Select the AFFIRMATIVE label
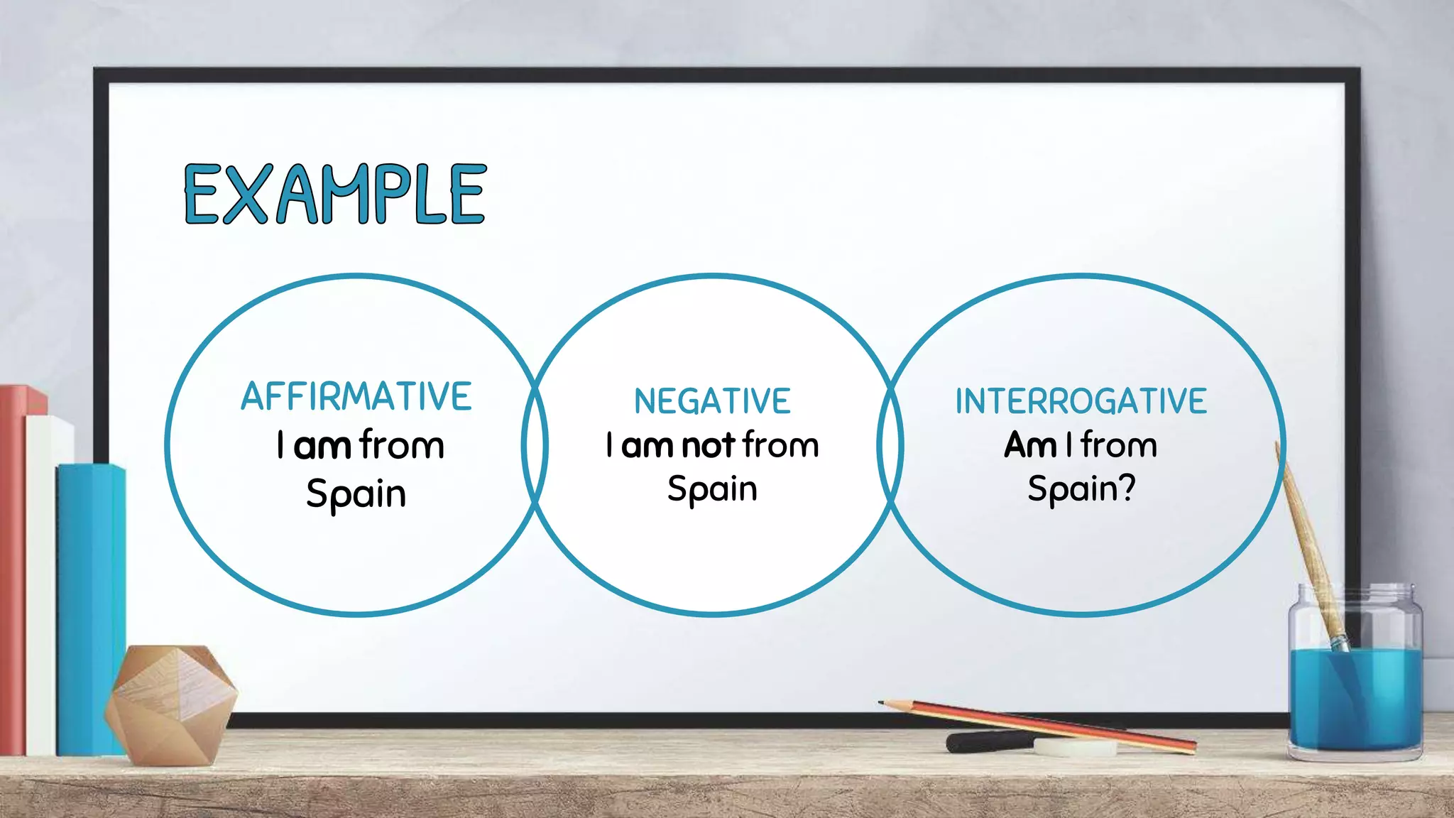point(356,396)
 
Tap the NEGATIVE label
point(712,401)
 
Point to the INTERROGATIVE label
point(1081,401)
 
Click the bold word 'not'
point(708,446)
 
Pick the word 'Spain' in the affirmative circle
point(356,493)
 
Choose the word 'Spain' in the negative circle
point(712,489)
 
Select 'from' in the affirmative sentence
point(402,445)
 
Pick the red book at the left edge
point(13,568)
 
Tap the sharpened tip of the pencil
point(882,703)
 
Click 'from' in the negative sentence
point(781,445)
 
